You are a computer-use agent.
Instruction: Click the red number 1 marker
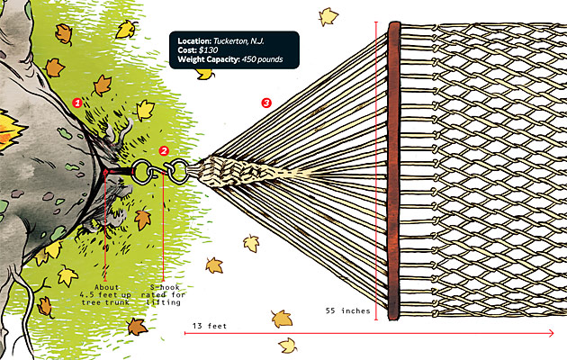point(77,103)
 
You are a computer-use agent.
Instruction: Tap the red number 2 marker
point(164,150)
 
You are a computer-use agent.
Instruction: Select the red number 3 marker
point(265,103)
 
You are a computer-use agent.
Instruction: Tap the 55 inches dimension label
point(345,310)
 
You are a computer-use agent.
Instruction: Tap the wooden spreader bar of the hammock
point(392,171)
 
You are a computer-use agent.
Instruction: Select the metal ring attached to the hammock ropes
point(178,168)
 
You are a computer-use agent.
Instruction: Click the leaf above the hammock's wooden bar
point(328,15)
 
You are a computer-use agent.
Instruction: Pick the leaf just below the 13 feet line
point(288,346)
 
